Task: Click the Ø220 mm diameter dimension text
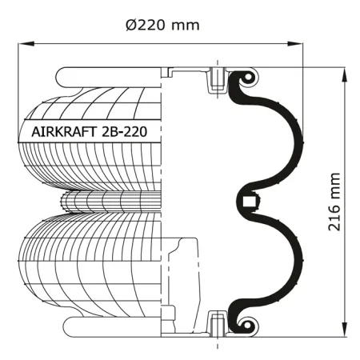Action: (x=162, y=25)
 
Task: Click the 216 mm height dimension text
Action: (x=334, y=202)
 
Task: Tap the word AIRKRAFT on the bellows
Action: (x=64, y=132)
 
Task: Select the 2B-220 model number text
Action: (x=124, y=132)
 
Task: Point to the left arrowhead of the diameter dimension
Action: (x=26, y=44)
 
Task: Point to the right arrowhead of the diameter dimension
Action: (x=295, y=44)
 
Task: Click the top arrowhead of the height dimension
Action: (x=344, y=76)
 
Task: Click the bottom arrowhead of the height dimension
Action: (x=344, y=329)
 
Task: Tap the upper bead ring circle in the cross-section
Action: (x=248, y=78)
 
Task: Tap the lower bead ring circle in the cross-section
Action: (x=247, y=326)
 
